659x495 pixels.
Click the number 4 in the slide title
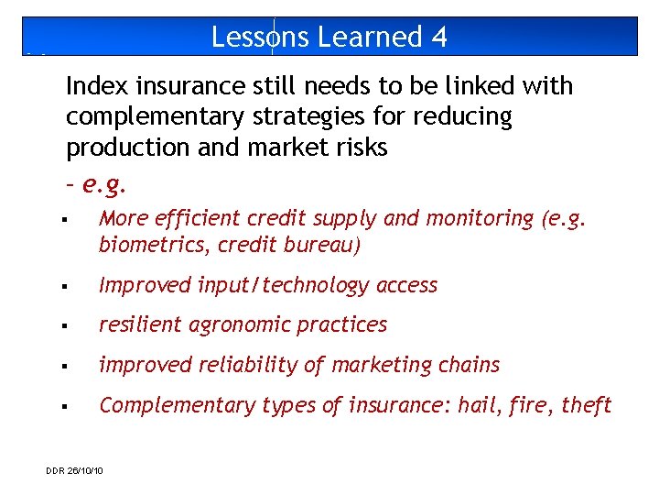[438, 37]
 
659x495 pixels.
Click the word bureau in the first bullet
[323, 246]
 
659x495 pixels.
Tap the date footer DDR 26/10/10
[74, 471]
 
